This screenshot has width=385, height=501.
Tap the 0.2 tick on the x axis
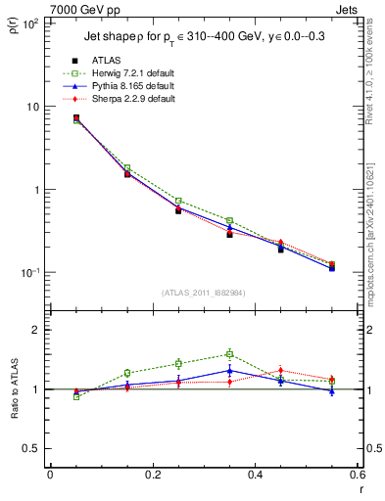point(153,475)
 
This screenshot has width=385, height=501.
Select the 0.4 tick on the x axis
point(256,475)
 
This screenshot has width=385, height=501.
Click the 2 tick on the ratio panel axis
point(35,330)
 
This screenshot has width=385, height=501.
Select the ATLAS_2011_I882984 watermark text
point(203,293)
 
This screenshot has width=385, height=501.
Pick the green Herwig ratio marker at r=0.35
point(229,354)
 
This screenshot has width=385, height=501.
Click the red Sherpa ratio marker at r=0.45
point(280,370)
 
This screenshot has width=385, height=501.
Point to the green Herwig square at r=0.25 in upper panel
point(178,201)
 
